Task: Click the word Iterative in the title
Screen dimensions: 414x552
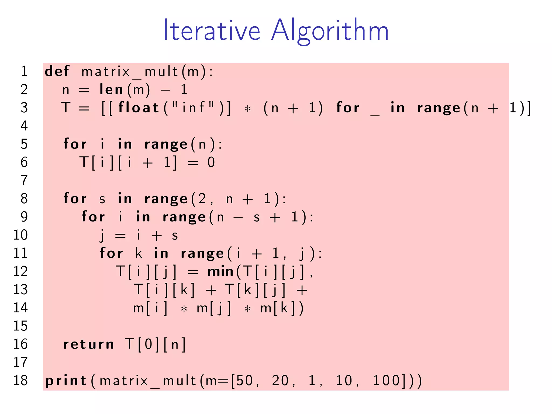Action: tap(212, 30)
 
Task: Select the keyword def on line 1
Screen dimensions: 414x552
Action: tap(57, 71)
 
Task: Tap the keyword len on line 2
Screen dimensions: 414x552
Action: tap(111, 89)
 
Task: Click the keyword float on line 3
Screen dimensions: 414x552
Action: tap(139, 108)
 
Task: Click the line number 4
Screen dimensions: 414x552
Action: tap(24, 126)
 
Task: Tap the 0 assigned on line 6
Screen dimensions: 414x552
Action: tap(211, 163)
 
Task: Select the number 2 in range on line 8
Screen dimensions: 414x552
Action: tap(202, 199)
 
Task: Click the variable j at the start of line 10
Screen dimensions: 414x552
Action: tap(102, 235)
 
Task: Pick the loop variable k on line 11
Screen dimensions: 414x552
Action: tap(139, 253)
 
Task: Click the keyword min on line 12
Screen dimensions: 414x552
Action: tap(220, 271)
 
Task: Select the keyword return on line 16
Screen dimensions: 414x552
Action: tap(88, 344)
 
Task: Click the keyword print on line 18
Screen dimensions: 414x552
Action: tap(66, 381)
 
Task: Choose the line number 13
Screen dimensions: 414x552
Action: tap(20, 289)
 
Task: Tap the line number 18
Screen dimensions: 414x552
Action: tap(20, 381)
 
